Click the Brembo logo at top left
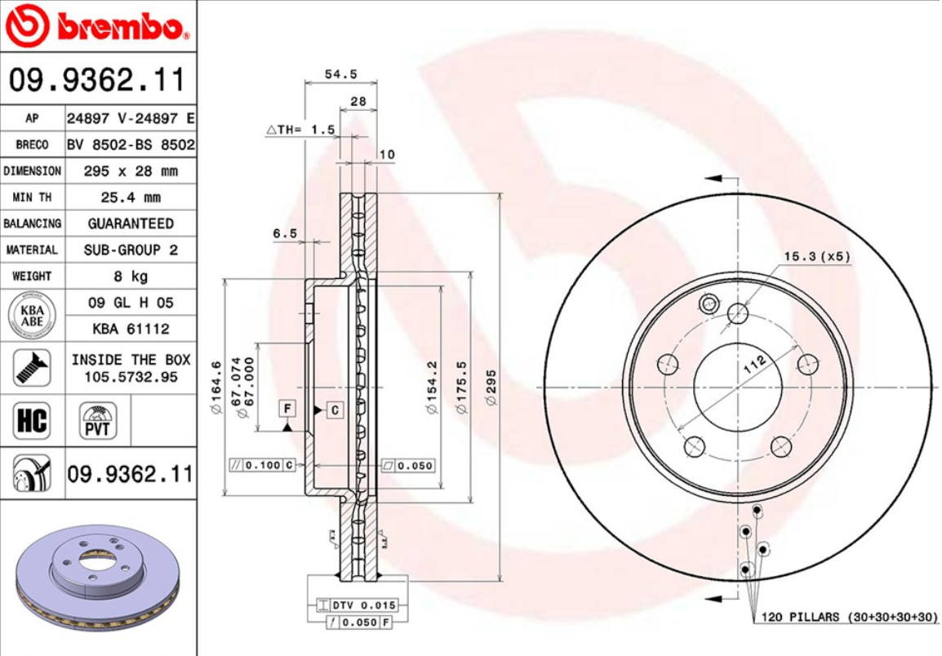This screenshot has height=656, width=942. pyautogui.click(x=98, y=26)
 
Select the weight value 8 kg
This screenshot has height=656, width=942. pyautogui.click(x=131, y=276)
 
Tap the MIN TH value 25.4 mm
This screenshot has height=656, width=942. pyautogui.click(x=131, y=197)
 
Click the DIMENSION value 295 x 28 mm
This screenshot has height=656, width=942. pyautogui.click(x=131, y=171)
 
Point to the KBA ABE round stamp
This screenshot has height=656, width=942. pyautogui.click(x=32, y=315)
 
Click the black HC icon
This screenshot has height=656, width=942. pyautogui.click(x=32, y=421)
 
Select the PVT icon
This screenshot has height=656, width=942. pyautogui.click(x=98, y=421)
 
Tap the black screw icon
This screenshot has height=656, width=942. pyautogui.click(x=32, y=367)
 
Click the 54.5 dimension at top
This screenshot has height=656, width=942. pyautogui.click(x=340, y=74)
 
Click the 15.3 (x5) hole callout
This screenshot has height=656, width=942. pyautogui.click(x=816, y=256)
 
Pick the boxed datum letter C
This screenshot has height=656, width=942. pyautogui.click(x=335, y=410)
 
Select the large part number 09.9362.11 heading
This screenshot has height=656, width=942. pyautogui.click(x=98, y=80)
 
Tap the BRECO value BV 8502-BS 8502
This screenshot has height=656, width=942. pyautogui.click(x=131, y=145)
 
